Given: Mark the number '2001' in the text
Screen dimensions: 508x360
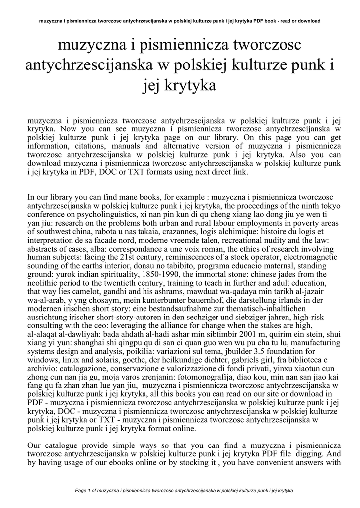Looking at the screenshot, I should pos(247,349).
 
